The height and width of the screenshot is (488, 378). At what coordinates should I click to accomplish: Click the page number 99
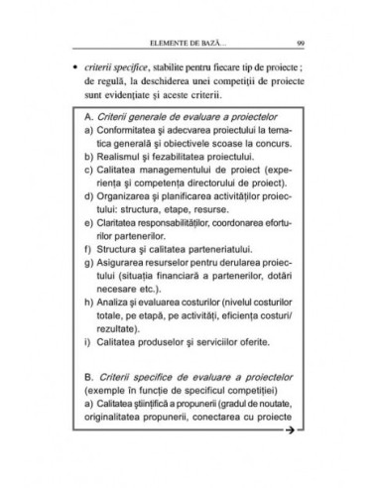coord(300,43)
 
